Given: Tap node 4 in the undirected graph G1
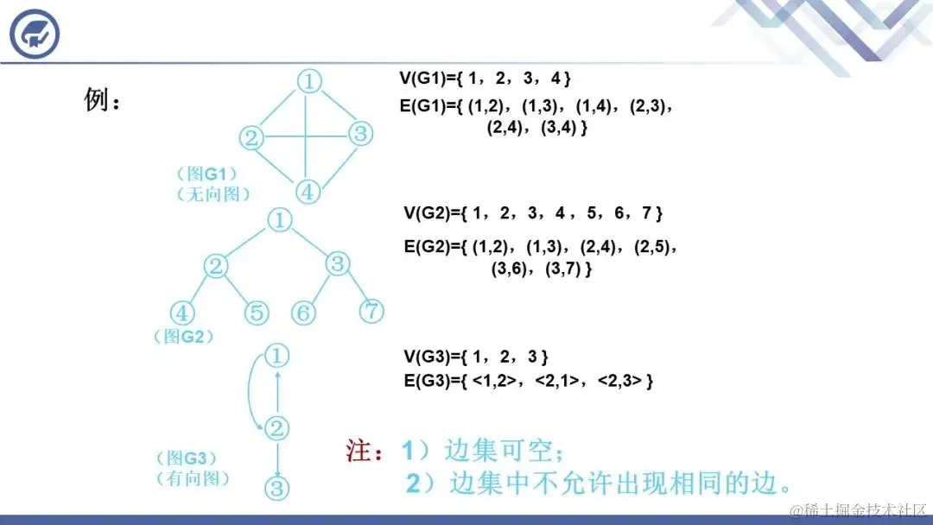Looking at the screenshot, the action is (x=308, y=189).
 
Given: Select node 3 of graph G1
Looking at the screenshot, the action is (x=361, y=134).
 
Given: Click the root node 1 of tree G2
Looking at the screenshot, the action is (x=280, y=220).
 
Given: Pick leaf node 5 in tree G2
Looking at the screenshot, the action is (x=257, y=313).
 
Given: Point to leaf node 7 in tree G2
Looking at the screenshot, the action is (x=371, y=311).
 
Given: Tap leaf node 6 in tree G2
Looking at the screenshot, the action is (x=302, y=313).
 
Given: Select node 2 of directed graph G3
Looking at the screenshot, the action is (x=276, y=427).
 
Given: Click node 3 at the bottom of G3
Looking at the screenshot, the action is (x=276, y=488).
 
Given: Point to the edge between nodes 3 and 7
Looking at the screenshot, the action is (x=356, y=288).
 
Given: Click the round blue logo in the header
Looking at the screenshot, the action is (x=35, y=33).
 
